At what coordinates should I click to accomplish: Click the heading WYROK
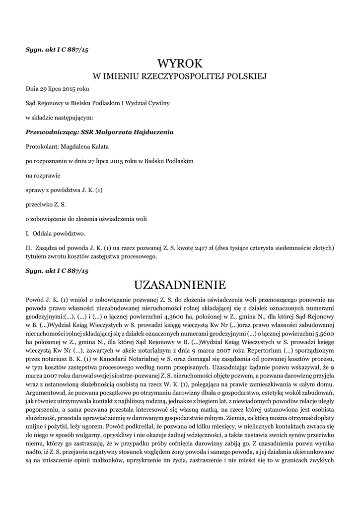pos(180,63)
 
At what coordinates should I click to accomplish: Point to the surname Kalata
pos(98,147)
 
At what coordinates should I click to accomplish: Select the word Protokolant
pos(41,147)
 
